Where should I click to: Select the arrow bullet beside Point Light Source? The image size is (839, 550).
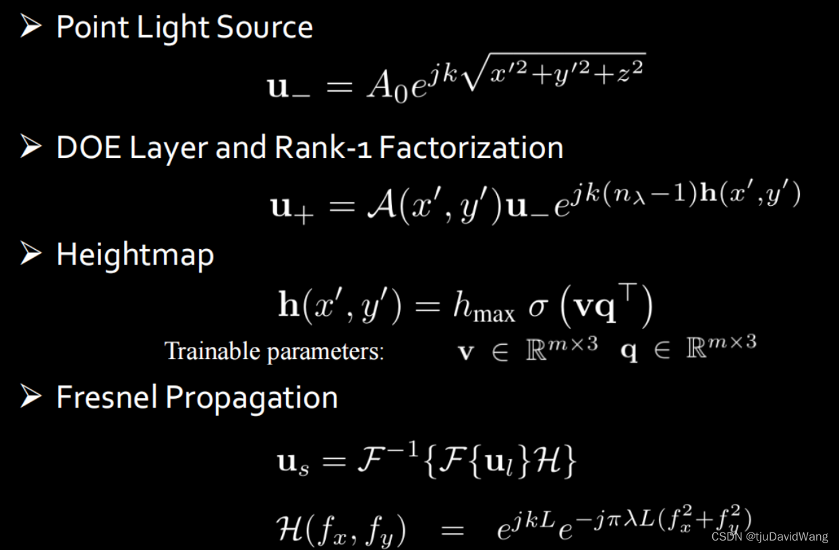point(31,28)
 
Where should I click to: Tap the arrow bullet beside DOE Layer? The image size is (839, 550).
point(31,147)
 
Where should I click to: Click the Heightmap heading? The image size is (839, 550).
point(135,255)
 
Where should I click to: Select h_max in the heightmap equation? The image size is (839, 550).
point(482,308)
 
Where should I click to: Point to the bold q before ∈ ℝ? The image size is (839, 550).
point(629,353)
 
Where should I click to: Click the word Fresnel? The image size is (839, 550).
point(107,397)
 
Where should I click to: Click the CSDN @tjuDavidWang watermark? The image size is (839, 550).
point(769,537)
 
